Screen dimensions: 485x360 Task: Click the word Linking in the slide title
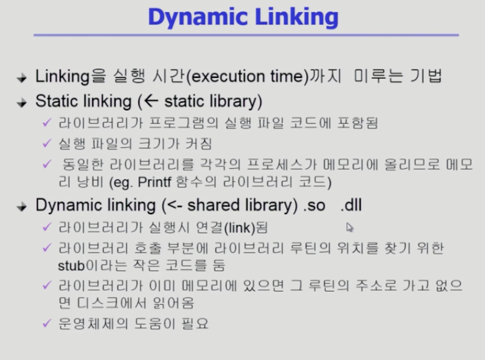tap(297, 18)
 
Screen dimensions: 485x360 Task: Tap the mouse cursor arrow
tap(349, 227)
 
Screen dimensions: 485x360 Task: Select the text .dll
tap(351, 205)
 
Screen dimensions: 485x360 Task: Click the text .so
tap(314, 205)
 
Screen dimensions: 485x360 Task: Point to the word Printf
tap(154, 182)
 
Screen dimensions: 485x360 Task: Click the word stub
tap(71, 265)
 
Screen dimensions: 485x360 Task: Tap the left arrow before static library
tap(151, 101)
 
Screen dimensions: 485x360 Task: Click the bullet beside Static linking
tap(22, 102)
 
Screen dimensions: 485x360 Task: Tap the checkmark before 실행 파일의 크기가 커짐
tap(47, 143)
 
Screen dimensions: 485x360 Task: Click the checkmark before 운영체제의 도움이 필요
tap(47, 323)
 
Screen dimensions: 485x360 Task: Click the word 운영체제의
tap(93, 324)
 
